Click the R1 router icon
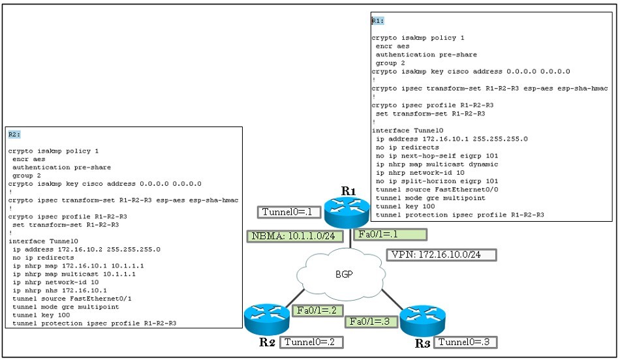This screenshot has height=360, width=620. pos(347,213)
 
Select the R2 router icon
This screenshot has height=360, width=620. pos(267,320)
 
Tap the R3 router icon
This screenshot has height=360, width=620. pos(423,320)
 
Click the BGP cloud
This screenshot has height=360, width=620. pos(341,273)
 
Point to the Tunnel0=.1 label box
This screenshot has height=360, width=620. pos(288,212)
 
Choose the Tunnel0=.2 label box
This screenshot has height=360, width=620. pos(311,342)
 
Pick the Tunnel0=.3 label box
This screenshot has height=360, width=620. pos(465,342)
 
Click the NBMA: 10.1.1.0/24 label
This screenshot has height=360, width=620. pos(295,236)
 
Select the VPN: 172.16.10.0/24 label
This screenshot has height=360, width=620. pos(441,255)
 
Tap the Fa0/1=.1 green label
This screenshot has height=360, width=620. pos(390,234)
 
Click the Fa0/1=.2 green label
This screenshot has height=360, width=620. pos(317,310)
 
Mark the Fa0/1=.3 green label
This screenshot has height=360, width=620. pos(370,322)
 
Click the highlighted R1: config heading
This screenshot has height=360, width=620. pos(378,21)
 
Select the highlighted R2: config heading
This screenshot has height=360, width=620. pos(14,134)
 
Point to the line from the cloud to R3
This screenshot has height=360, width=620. pos(392,300)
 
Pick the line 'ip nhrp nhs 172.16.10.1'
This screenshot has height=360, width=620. pos(59,290)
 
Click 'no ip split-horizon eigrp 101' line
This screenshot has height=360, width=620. pos(437,181)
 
